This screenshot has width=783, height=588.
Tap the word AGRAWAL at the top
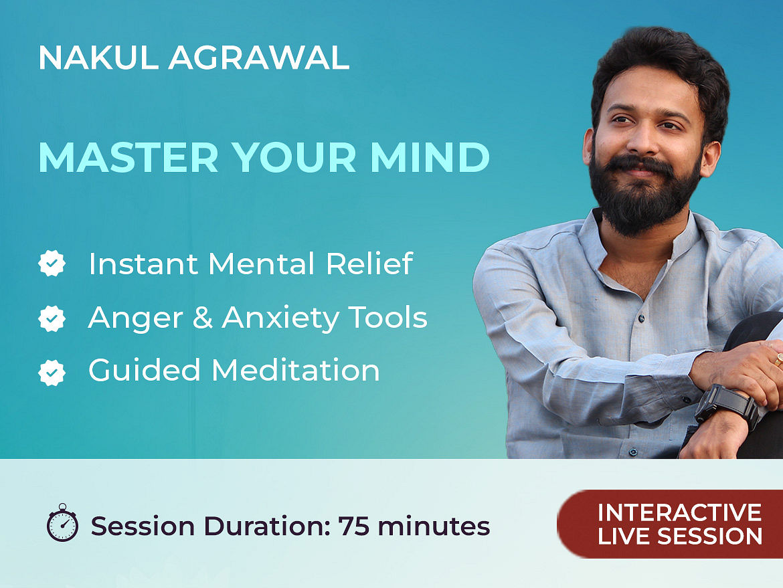[x=259, y=58]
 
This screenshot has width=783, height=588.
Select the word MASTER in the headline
[x=128, y=158]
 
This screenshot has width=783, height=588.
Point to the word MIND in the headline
[x=430, y=158]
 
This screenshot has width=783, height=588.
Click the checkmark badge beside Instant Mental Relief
[x=52, y=263]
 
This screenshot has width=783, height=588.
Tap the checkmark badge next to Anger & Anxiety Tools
[x=52, y=318]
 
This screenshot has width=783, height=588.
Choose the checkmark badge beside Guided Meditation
[x=52, y=373]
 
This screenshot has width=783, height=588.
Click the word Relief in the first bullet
[x=369, y=263]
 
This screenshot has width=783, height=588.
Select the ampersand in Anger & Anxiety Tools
[x=203, y=318]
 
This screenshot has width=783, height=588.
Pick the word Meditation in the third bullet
[x=296, y=371]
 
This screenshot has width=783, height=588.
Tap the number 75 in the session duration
[x=354, y=526]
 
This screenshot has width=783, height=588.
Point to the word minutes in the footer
[x=434, y=526]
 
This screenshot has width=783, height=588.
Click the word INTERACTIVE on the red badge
[x=680, y=512]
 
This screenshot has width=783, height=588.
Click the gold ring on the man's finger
[x=778, y=359]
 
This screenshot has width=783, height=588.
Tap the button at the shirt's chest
[x=641, y=318]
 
